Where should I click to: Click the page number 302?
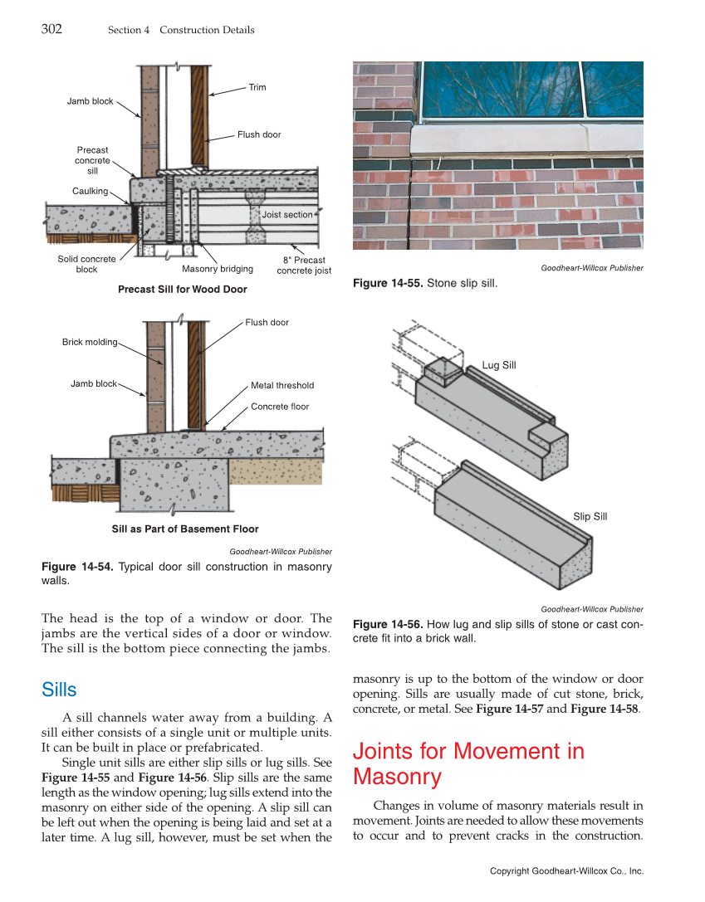51,30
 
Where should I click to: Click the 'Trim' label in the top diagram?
257,87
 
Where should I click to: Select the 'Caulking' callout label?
90,191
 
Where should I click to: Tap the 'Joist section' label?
287,215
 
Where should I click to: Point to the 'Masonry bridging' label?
218,269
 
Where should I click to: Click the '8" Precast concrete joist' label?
304,265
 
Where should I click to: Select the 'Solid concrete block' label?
86,264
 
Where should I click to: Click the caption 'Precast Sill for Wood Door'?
183,290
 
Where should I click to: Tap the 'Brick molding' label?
90,342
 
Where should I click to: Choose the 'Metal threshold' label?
282,385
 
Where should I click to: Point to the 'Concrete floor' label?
280,407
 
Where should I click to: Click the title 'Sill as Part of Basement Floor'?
185,529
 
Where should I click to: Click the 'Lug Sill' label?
499,365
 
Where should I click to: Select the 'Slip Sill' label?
590,516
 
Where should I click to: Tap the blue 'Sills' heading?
59,690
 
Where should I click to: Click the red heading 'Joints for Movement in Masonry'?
468,764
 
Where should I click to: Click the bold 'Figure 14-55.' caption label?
388,284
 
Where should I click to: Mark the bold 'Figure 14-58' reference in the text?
605,709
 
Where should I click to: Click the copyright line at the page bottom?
566,871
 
